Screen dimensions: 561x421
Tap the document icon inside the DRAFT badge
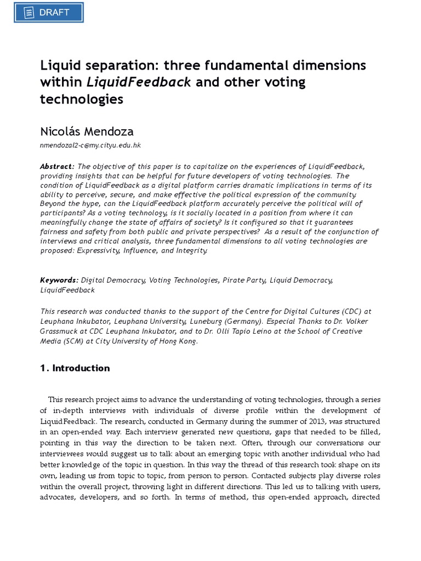(x=30, y=13)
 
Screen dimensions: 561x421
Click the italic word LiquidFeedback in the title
(x=139, y=83)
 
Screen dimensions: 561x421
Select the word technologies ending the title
(x=82, y=99)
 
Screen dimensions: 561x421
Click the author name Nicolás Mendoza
(x=87, y=131)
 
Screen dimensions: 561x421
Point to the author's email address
(x=90, y=146)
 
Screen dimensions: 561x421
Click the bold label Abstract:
(x=57, y=167)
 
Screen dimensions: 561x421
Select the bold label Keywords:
(x=59, y=280)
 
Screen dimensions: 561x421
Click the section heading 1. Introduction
(x=75, y=368)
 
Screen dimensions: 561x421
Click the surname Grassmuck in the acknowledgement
(x=64, y=331)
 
